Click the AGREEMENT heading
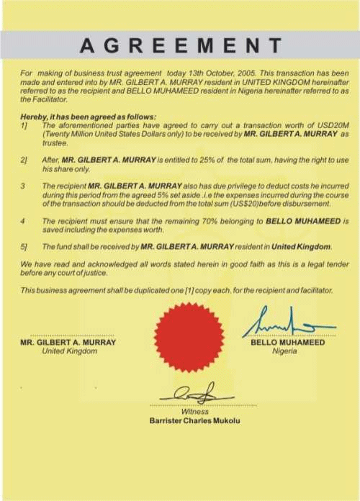[180, 45]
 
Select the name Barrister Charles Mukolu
[194, 421]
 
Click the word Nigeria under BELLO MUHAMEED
[287, 351]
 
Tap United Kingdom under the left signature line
[68, 351]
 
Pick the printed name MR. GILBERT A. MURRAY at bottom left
[68, 343]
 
